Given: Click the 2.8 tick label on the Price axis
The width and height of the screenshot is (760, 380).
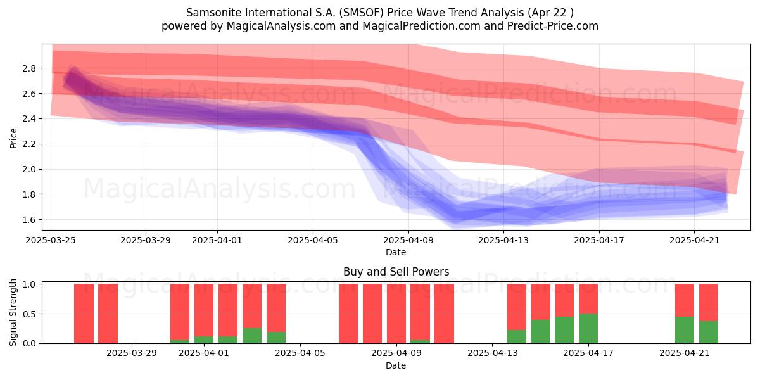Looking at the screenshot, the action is point(29,68).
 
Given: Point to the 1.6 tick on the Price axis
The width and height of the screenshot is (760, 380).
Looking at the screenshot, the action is point(29,220).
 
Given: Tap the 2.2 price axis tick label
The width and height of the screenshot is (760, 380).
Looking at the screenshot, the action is point(29,144).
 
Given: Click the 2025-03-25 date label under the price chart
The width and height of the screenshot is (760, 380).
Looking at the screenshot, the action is point(51,240).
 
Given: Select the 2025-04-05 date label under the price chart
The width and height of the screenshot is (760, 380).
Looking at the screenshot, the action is point(313,240).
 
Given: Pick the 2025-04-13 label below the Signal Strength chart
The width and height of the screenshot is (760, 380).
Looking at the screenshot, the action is point(493,353).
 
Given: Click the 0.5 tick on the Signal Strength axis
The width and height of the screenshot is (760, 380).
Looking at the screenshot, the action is point(29,314).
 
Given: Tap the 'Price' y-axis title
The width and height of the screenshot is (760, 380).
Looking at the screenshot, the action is point(13,138).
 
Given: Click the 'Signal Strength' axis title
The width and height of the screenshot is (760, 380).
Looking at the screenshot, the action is point(13,312).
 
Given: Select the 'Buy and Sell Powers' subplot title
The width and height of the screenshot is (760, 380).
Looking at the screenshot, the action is point(396,272).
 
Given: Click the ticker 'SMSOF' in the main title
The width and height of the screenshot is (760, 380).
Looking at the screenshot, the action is point(362,13).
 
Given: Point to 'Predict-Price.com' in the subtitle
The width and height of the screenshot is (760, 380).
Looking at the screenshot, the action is point(553,26).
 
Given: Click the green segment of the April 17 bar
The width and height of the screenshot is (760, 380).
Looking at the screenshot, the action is point(588,329).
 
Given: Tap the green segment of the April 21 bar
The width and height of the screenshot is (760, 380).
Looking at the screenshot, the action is point(685,330).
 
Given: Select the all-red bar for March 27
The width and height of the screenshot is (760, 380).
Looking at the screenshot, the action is point(84,313).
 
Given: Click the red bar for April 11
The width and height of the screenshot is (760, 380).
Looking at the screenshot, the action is point(444,313).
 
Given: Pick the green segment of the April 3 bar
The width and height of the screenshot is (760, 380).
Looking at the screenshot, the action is point(252,336).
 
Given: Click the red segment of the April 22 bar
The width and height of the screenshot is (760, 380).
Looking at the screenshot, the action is point(709,302).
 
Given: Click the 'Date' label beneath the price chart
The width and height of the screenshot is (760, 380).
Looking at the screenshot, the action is point(396,252).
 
